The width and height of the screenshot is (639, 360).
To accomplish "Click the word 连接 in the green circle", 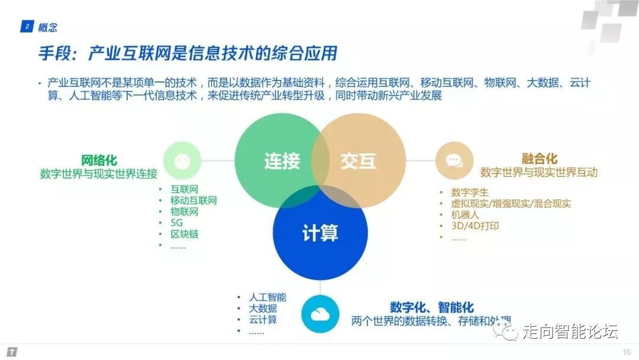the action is [x=282, y=161].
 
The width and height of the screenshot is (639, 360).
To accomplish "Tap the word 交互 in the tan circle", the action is [x=359, y=161].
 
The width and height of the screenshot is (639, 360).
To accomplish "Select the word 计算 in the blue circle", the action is [x=320, y=233].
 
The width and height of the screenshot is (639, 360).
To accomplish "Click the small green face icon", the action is [x=181, y=161].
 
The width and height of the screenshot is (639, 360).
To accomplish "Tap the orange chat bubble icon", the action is [x=454, y=161].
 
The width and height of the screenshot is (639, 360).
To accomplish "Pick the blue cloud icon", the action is [x=319, y=314].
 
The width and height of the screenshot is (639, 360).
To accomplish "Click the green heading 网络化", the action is [x=99, y=160].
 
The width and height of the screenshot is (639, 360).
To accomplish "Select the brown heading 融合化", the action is [x=539, y=159].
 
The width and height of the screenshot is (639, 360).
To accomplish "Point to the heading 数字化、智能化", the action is [x=431, y=308].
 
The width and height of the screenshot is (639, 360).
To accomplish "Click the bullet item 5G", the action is [x=177, y=223].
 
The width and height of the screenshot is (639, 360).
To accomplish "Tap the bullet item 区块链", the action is [x=185, y=234].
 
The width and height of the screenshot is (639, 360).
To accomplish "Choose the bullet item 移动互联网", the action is [x=193, y=201].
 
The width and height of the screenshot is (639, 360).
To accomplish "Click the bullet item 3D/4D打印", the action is [x=475, y=226].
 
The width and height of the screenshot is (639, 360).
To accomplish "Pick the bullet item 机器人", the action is [x=464, y=215].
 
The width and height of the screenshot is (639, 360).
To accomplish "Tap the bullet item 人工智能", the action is [x=267, y=297].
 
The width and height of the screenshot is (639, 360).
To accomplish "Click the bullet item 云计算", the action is [x=263, y=320].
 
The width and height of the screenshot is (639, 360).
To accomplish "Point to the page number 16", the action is [x=627, y=352].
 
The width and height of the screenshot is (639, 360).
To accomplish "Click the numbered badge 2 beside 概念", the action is [x=27, y=27].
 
